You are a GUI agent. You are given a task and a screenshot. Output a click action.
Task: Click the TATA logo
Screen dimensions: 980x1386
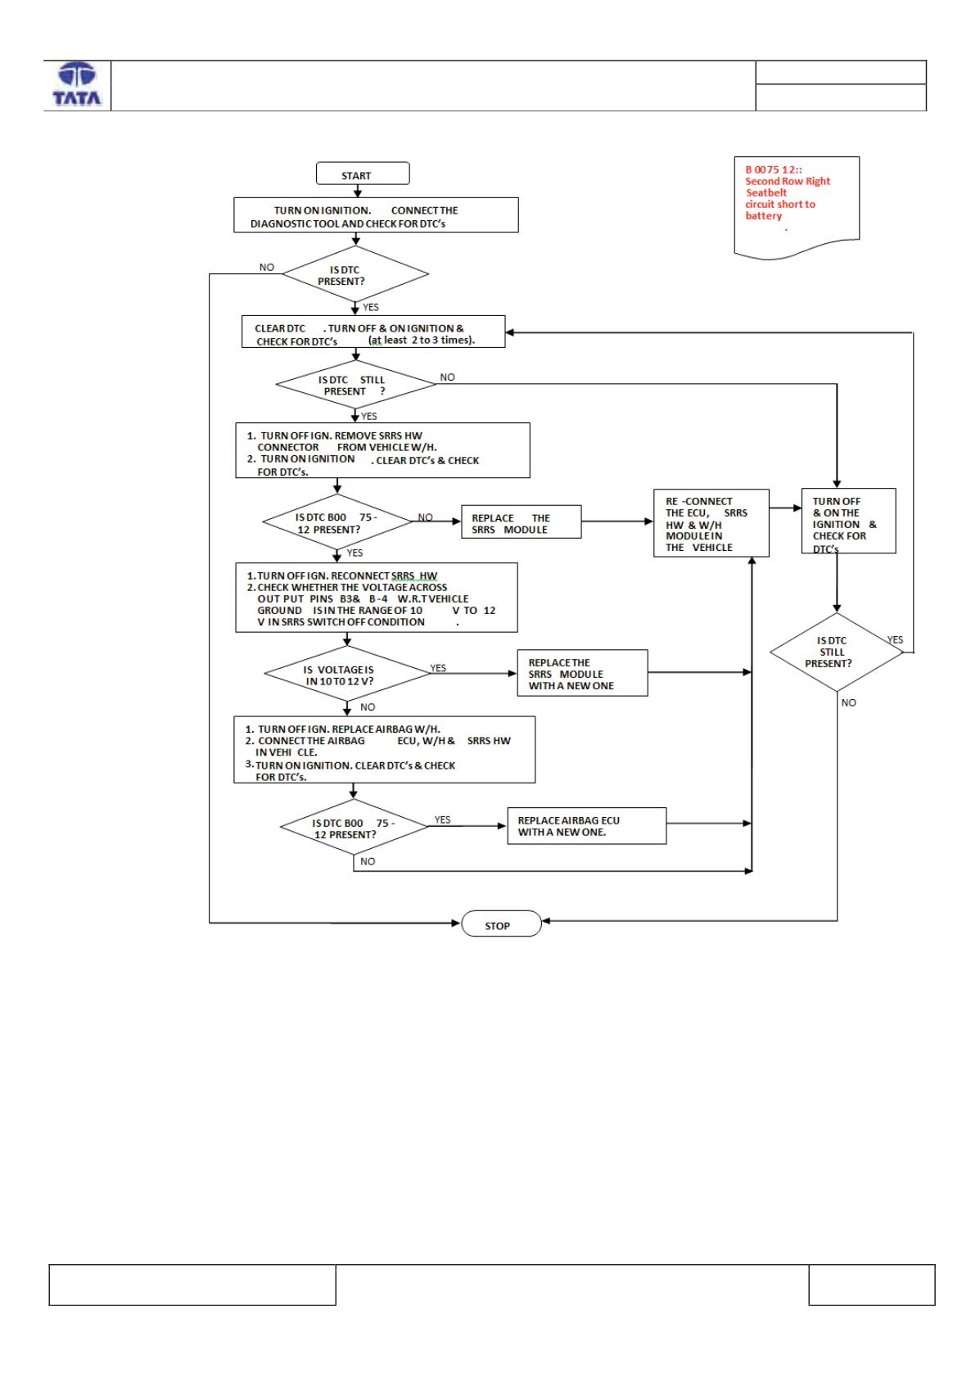tap(77, 84)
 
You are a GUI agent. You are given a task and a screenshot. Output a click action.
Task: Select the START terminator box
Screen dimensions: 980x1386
tap(363, 174)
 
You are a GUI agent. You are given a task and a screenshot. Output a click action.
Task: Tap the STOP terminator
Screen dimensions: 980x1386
tap(501, 923)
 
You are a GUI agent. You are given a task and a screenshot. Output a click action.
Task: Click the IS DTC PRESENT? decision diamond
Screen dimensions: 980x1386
tap(355, 274)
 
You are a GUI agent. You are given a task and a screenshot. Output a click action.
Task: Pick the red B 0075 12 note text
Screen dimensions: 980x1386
tap(786, 192)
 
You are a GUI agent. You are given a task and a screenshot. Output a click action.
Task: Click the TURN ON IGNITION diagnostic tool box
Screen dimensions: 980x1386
tap(376, 215)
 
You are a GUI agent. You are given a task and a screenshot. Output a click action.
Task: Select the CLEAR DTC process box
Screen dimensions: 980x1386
tap(373, 332)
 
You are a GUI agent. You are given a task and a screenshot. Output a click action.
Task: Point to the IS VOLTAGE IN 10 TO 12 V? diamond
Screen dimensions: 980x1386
tap(347, 673)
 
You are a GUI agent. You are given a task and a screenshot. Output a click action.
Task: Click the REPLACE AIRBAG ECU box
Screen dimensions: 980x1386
tap(586, 825)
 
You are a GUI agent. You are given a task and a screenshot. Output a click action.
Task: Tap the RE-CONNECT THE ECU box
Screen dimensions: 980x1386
tap(711, 523)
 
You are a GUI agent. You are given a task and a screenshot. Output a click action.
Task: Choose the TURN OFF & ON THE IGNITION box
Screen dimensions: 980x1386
tap(848, 521)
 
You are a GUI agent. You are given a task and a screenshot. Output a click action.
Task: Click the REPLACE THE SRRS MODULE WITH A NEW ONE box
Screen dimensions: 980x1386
tap(582, 673)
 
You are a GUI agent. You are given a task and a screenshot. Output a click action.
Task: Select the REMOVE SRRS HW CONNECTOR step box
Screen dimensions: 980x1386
tap(382, 450)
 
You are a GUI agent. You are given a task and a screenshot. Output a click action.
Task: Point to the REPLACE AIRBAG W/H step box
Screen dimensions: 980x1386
tap(384, 750)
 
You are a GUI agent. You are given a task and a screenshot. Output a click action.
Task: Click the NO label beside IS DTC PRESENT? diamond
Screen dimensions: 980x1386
tap(267, 268)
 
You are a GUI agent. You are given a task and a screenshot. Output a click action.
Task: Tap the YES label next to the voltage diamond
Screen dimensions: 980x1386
tap(438, 668)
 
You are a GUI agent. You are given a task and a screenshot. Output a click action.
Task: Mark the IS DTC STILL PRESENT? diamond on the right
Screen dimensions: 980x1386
tap(837, 652)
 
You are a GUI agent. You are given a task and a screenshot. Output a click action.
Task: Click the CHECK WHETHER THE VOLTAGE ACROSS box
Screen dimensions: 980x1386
tap(376, 598)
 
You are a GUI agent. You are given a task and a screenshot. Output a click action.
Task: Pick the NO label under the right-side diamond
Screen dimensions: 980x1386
tap(849, 703)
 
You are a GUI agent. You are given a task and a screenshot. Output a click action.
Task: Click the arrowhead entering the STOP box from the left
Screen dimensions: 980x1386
tap(457, 923)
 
